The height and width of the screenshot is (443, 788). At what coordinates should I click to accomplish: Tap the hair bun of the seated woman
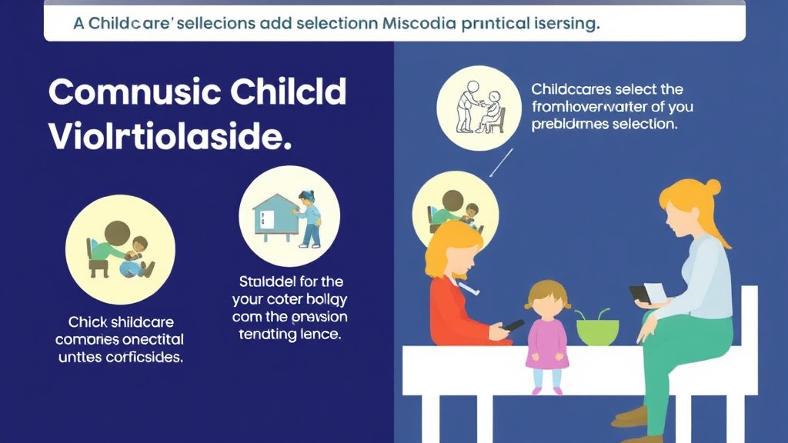(x=713, y=187)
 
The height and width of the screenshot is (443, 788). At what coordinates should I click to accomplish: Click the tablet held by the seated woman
(x=641, y=295)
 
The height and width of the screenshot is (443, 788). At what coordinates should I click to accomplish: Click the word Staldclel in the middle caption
(x=260, y=281)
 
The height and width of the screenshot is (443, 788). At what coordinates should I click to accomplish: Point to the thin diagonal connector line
(x=500, y=162)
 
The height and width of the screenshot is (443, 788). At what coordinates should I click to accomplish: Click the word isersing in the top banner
(x=566, y=24)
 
